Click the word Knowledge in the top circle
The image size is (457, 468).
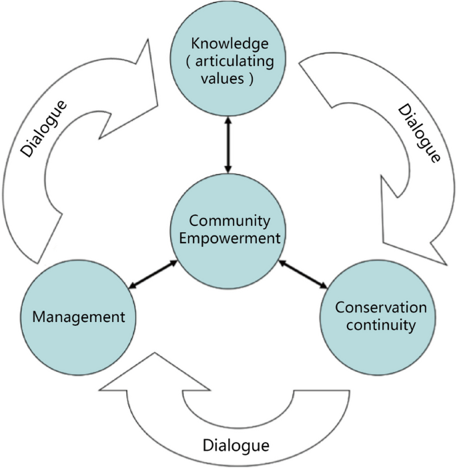pyautogui.click(x=230, y=45)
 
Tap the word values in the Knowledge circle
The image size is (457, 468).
pyautogui.click(x=224, y=79)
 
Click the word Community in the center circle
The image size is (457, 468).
pyautogui.click(x=230, y=221)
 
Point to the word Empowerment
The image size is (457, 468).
pyautogui.click(x=230, y=238)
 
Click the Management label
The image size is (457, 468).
pyautogui.click(x=79, y=316)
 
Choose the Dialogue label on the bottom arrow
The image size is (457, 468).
pyautogui.click(x=236, y=444)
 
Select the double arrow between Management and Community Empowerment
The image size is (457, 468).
pyautogui.click(x=153, y=275)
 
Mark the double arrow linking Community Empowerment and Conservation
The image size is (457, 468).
pyautogui.click(x=304, y=274)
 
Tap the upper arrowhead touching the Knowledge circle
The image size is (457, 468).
pyautogui.click(x=229, y=120)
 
